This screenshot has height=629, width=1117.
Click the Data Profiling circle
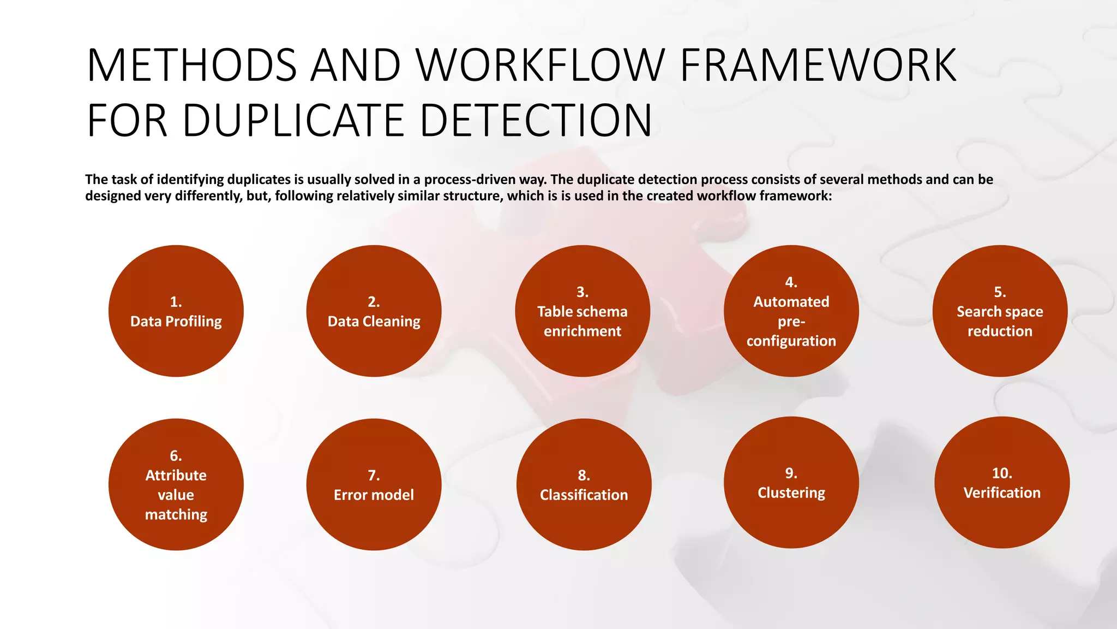coord(176,311)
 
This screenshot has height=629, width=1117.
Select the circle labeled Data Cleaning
coord(374,311)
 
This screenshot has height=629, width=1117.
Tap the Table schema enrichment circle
coord(582,311)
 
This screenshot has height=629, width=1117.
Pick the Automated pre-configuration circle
coord(791,311)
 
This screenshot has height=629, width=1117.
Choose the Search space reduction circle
coord(1000,311)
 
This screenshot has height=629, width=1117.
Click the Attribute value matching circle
coord(176,484)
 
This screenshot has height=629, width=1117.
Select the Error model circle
coord(374,484)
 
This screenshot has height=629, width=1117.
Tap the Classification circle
coord(584,484)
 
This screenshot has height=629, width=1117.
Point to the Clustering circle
coord(791,482)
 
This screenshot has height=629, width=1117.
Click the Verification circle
coord(1001,482)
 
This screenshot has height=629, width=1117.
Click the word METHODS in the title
coord(191,66)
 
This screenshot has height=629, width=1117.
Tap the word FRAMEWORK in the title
coord(818,66)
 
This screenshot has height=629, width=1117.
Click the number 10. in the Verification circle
coord(1002,473)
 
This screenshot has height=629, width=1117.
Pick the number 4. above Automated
coord(791,282)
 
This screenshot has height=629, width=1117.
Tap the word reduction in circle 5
coord(1000,331)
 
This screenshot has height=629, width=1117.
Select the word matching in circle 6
coord(176,514)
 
